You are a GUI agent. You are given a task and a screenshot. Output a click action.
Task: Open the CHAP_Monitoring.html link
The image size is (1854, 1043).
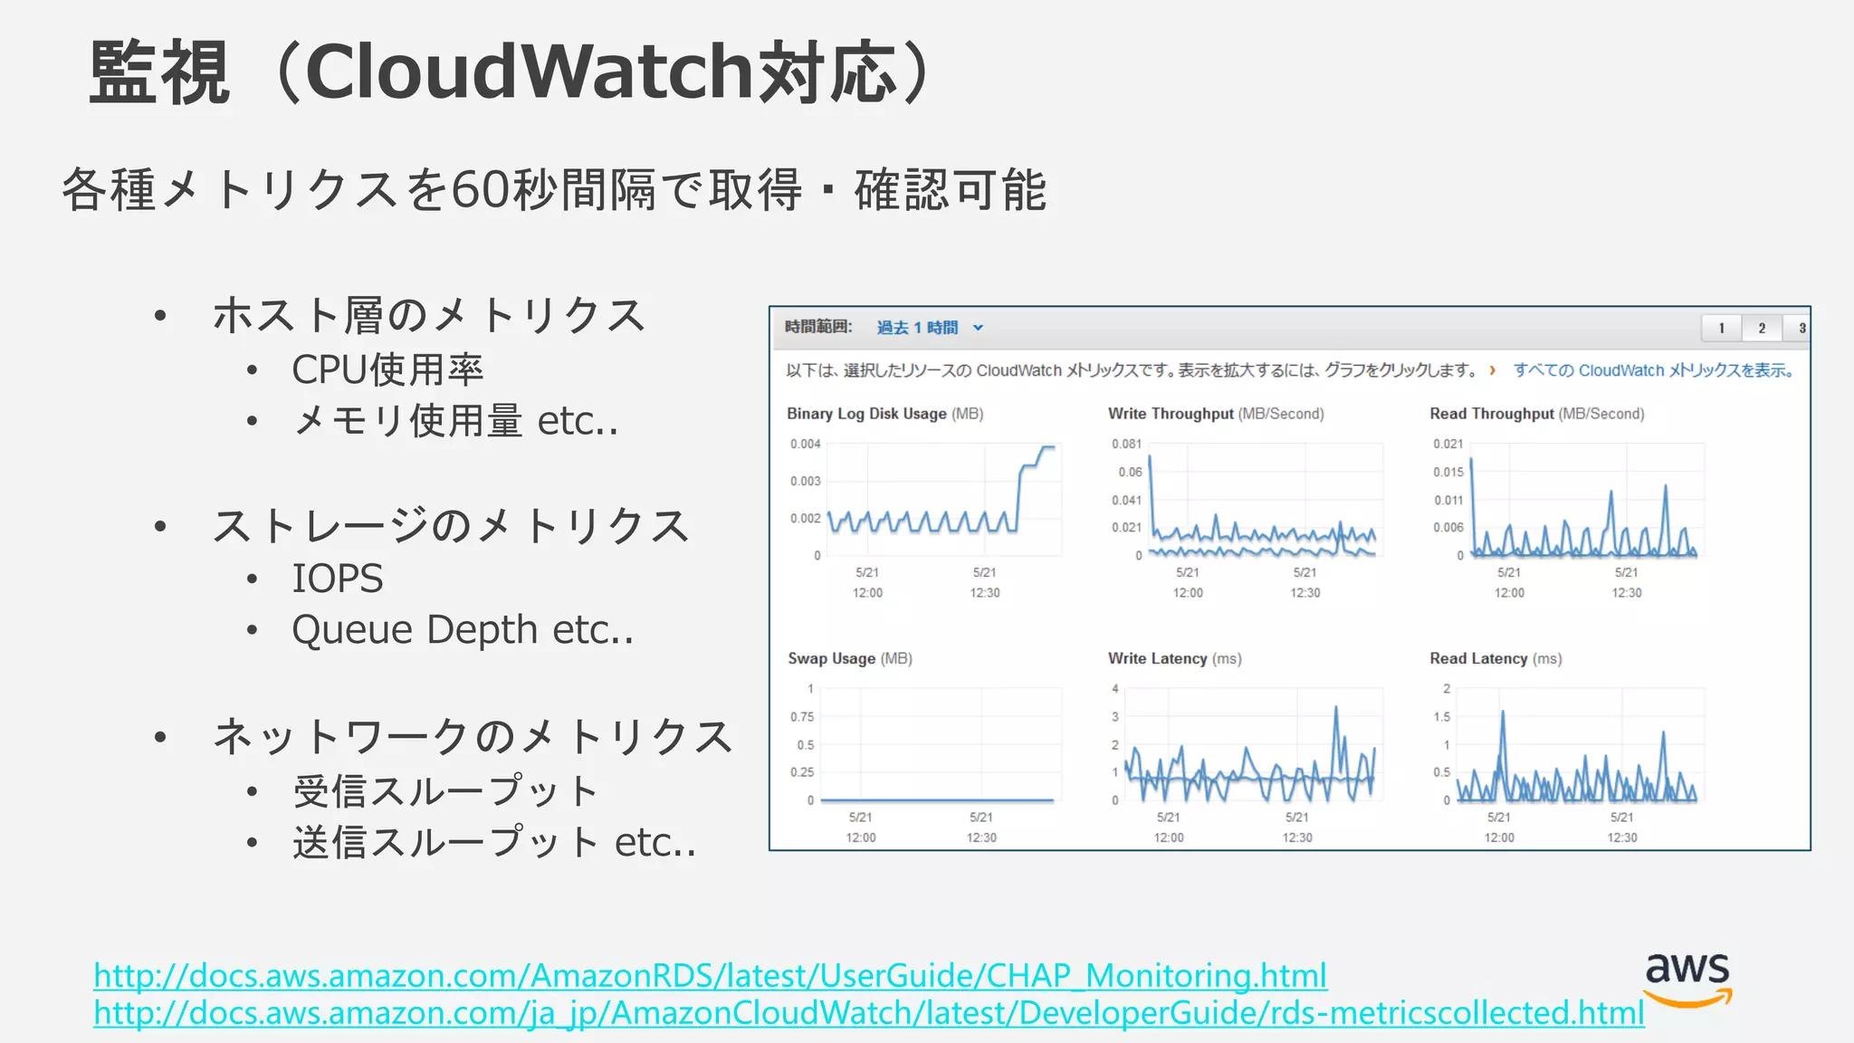(x=710, y=975)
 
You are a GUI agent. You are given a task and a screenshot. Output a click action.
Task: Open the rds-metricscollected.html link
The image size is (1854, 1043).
(x=868, y=1012)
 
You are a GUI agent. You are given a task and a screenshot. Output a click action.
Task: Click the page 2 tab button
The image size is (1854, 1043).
(x=1762, y=328)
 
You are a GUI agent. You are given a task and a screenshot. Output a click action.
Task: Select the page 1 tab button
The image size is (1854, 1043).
(x=1722, y=328)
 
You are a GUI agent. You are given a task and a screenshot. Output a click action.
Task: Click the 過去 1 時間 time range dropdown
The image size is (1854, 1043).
(x=929, y=328)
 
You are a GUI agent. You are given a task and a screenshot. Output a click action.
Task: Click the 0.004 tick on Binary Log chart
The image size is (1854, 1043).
(x=805, y=444)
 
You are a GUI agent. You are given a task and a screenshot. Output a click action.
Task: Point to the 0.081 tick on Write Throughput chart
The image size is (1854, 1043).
(x=1126, y=444)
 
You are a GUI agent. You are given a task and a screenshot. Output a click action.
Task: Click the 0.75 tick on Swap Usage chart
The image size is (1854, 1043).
(x=802, y=717)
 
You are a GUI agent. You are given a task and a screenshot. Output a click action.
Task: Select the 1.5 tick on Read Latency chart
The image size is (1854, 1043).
(x=1441, y=717)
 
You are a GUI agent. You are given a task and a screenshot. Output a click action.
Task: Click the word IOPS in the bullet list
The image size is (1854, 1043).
(x=338, y=579)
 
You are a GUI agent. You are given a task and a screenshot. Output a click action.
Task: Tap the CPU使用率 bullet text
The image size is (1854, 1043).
(x=387, y=369)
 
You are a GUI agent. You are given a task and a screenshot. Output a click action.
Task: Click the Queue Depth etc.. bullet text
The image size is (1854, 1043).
(x=463, y=630)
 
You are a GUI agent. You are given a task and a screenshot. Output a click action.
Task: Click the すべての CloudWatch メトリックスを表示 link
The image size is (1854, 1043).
(x=1653, y=370)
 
